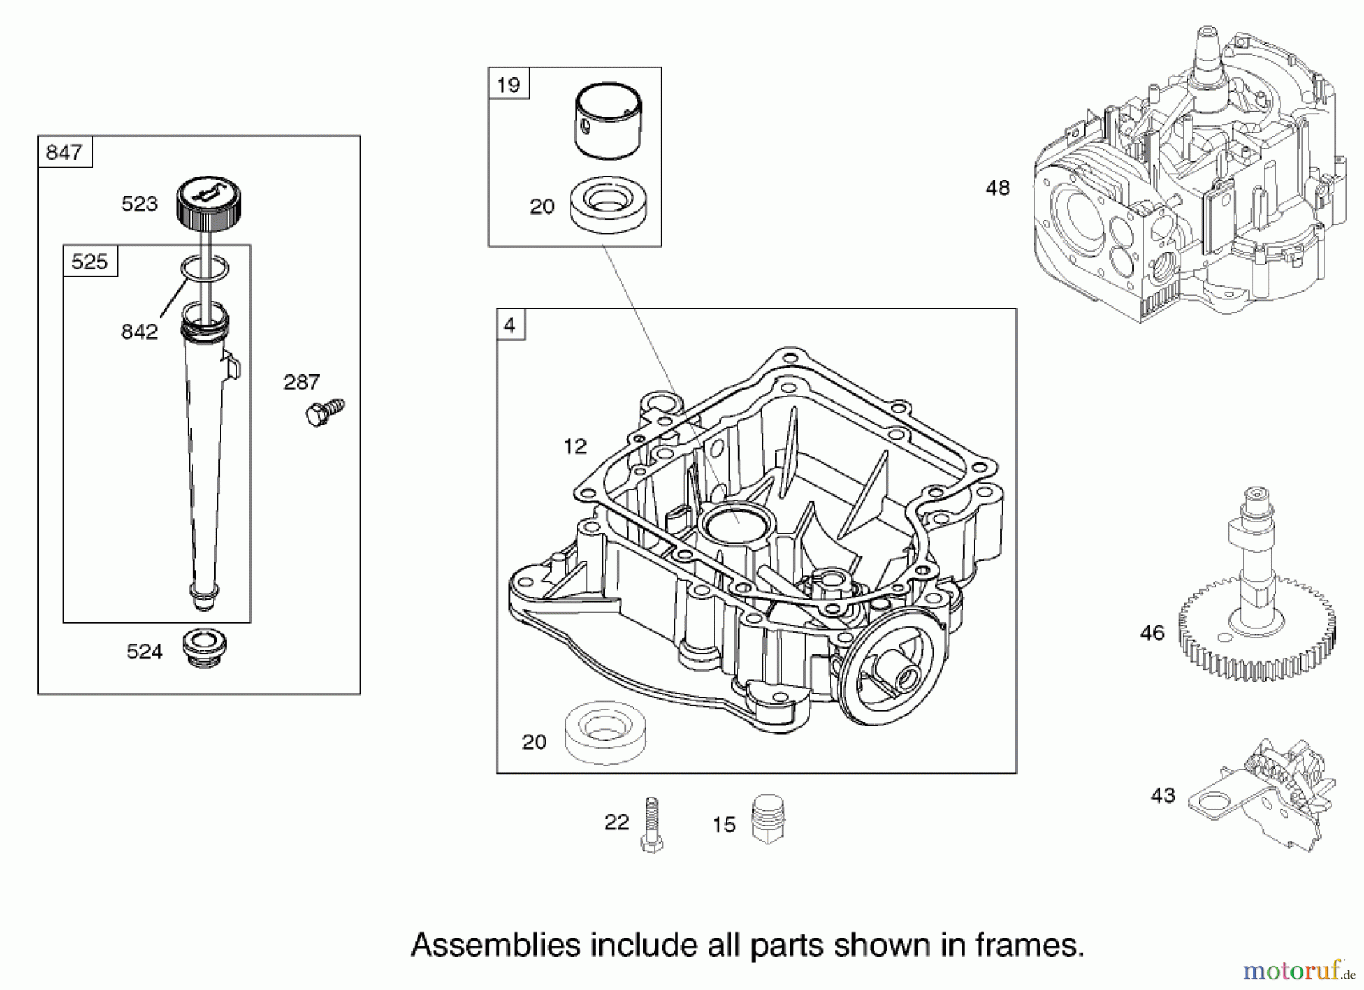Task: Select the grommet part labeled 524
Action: (x=204, y=648)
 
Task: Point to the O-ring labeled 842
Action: (x=204, y=268)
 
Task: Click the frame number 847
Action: (x=64, y=152)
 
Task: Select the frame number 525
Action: (x=89, y=262)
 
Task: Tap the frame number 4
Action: (x=509, y=325)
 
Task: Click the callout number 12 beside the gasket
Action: (x=574, y=446)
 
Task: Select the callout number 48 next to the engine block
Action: (x=997, y=187)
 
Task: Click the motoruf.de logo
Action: (x=1297, y=969)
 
